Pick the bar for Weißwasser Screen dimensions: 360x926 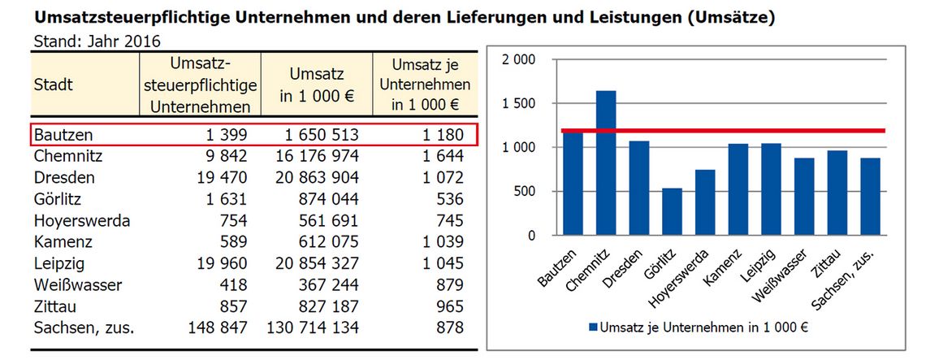click(x=804, y=197)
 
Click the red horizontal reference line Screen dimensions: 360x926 click(x=731, y=130)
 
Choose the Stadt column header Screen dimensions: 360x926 click(x=54, y=85)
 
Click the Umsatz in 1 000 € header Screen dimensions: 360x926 click(x=317, y=85)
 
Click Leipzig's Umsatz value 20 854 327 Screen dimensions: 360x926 click(x=313, y=263)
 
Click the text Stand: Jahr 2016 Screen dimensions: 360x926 click(x=97, y=41)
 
